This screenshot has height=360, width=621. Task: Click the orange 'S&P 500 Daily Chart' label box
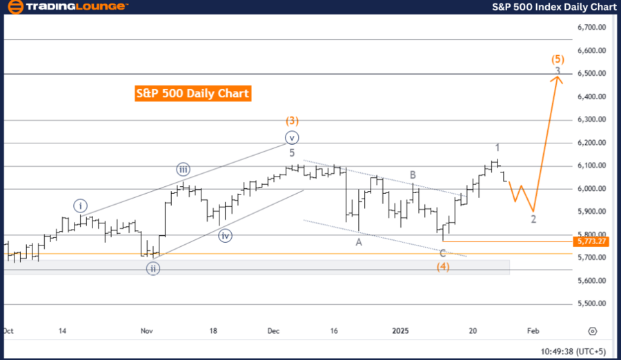coord(193,93)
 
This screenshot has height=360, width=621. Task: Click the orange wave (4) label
coord(443,267)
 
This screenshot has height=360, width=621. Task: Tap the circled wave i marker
coord(81,205)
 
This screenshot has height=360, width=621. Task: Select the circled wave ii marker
coord(152,268)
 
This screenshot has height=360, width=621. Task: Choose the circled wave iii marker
coord(183,169)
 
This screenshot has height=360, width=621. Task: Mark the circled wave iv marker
coord(226,236)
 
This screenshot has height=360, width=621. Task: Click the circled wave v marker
coord(292,137)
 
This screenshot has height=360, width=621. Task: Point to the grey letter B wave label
coord(412,175)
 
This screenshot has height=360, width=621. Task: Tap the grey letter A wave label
coord(359,242)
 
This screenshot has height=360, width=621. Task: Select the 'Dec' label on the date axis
coord(273,331)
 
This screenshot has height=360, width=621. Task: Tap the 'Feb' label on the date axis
coord(534,331)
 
